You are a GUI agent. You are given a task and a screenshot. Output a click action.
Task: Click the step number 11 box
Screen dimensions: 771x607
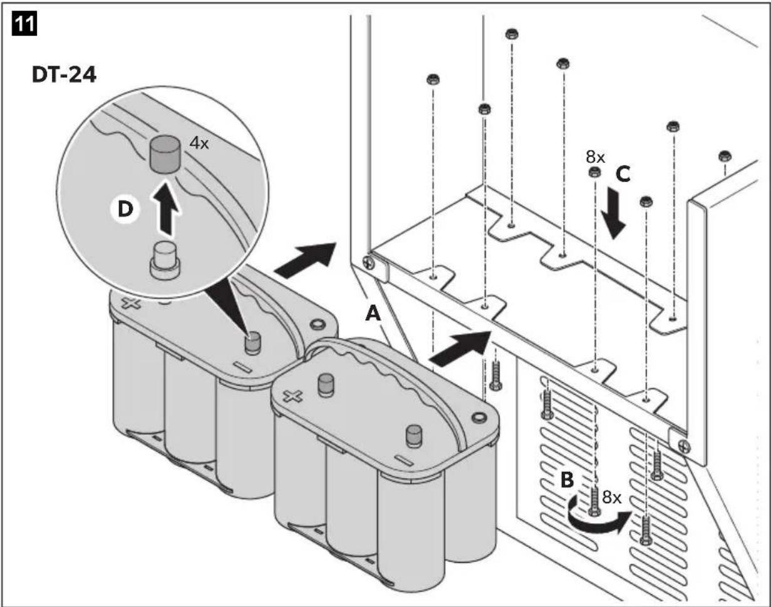point(24,24)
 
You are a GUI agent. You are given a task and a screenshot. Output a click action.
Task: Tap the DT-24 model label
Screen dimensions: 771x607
point(64,75)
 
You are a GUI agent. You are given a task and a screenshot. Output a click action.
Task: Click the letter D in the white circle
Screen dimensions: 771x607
point(125,209)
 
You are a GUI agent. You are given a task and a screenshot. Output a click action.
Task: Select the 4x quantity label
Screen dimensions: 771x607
point(199,143)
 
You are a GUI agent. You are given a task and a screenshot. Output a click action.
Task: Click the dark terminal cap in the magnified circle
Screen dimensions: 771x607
point(165,155)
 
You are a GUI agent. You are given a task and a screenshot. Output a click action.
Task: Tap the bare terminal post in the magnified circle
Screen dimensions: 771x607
point(165,260)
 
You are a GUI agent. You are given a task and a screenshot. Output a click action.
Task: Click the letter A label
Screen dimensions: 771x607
point(373,315)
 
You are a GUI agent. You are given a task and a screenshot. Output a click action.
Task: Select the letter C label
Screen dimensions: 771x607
point(623,175)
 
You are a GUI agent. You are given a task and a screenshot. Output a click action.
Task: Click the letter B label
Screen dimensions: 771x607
point(567,481)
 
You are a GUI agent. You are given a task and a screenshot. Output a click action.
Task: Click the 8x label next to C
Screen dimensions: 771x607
point(596,157)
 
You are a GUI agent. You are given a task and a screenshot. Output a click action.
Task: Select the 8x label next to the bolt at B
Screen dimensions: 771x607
point(612,497)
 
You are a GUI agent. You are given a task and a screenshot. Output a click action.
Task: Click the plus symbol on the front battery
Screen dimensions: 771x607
point(292,396)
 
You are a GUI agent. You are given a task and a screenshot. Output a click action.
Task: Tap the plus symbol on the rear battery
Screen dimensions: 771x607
point(131,303)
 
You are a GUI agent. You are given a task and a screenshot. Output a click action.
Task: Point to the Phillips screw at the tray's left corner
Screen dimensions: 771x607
point(369,262)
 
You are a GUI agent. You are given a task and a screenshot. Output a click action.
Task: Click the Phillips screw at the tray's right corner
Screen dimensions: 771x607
point(684,446)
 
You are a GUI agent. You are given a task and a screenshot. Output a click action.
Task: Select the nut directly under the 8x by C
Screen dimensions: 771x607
point(595,173)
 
